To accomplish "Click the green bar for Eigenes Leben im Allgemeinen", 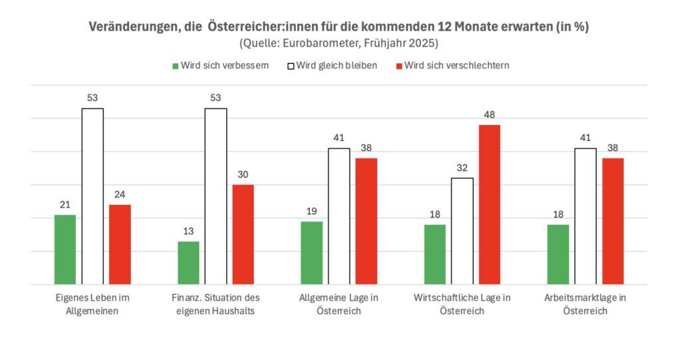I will pos(65,250).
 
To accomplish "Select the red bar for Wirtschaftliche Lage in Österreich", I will pos(489,204).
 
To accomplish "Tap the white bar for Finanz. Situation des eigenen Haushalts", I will pos(215,196).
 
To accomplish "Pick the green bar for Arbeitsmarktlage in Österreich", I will pos(558,254).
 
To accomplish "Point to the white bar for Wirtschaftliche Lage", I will pos(462,231).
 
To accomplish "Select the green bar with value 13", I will pos(188,263).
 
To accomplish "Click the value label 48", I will pos(489,114).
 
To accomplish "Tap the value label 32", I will pos(462,168).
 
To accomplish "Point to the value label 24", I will pos(120,194).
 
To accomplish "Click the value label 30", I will pos(243,174).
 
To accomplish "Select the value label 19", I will pos(311,211).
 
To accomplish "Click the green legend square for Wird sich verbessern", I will pos(176,66).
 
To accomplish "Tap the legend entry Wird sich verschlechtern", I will pos(456,66).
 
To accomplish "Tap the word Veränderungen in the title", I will pos(133,27).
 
